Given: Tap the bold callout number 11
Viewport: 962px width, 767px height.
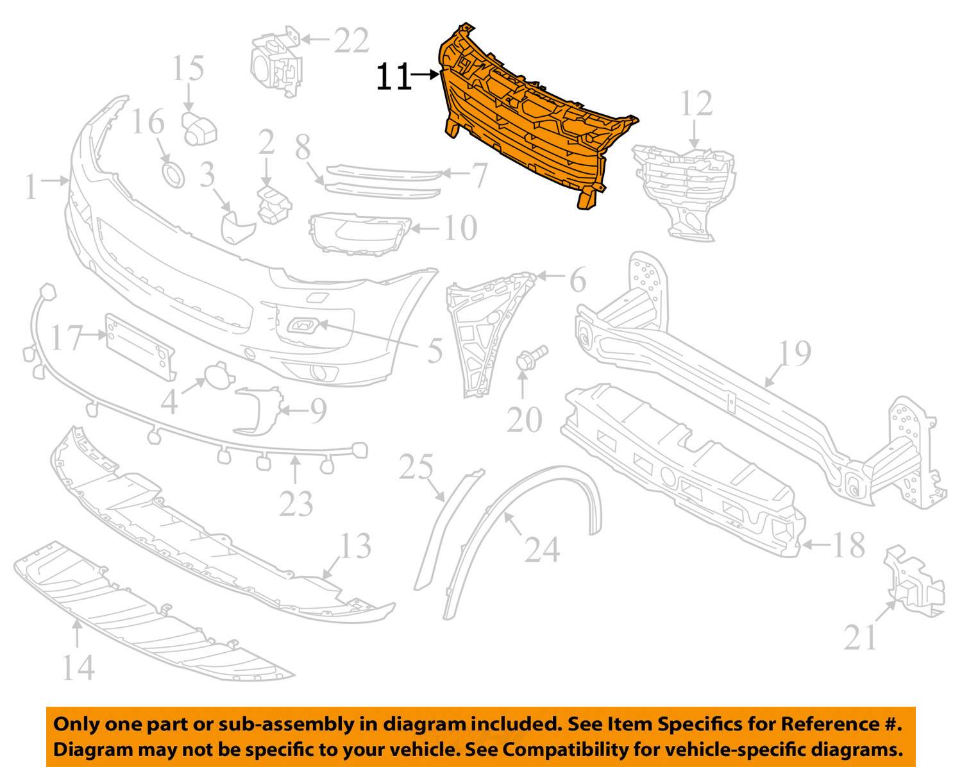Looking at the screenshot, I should (x=392, y=78).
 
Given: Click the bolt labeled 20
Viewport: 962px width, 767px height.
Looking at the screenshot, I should (x=530, y=358).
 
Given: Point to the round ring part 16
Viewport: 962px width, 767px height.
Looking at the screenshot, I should (x=173, y=174).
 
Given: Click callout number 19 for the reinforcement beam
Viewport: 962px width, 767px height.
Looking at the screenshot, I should (x=795, y=353).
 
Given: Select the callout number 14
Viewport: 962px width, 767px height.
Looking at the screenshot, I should (x=79, y=666).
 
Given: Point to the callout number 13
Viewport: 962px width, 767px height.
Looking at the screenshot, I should (x=355, y=546).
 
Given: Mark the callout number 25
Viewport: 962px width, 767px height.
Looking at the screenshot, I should (x=416, y=468).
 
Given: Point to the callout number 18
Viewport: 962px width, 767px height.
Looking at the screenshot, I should (x=848, y=545).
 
